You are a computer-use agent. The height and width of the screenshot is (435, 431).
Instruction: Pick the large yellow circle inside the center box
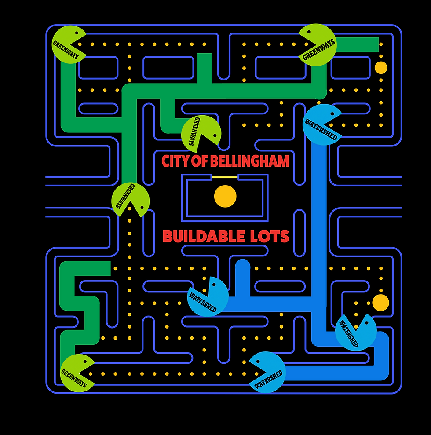(x=225, y=197)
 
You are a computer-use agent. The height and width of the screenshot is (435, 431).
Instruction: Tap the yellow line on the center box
(x=225, y=177)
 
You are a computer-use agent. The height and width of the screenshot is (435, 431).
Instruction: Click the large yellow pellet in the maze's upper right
(x=381, y=68)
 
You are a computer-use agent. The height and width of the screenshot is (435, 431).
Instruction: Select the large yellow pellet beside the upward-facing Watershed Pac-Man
(x=380, y=303)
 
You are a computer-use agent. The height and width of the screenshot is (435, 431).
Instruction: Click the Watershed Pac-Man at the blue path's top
(x=322, y=124)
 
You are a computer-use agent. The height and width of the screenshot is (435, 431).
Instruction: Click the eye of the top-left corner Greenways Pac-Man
(x=77, y=33)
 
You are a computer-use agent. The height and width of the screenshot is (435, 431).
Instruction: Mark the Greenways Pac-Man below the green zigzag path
(x=77, y=373)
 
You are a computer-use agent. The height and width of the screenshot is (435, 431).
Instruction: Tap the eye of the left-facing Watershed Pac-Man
(x=257, y=361)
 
